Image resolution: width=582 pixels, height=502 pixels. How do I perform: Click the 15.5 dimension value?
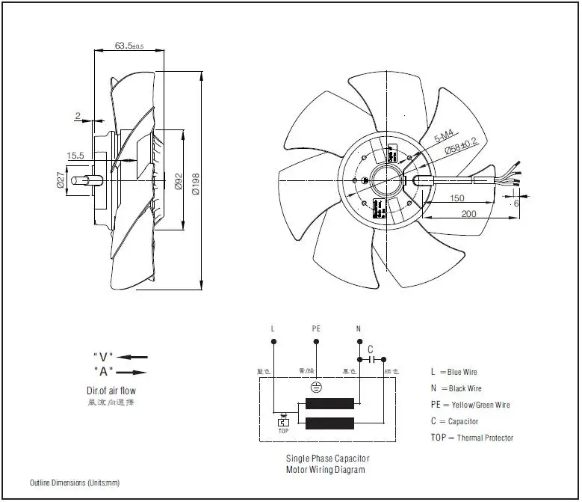(x=75, y=156)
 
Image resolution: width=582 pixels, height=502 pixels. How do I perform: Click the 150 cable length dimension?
(x=458, y=199)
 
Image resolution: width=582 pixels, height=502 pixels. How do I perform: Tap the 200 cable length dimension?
(x=468, y=213)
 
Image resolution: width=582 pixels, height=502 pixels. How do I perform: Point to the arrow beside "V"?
(x=132, y=357)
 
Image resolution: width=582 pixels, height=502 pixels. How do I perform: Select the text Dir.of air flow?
(x=111, y=391)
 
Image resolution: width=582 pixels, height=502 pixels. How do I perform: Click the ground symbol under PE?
(x=315, y=388)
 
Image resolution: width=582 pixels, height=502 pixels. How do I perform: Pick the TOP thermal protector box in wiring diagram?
(x=283, y=423)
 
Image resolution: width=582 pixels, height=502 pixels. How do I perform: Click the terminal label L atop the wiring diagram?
(x=273, y=328)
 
